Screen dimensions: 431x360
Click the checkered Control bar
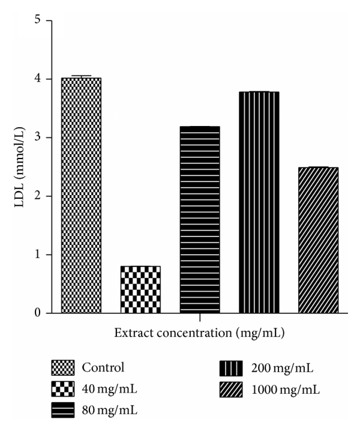(81, 195)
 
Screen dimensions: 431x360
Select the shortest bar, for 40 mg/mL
(140, 289)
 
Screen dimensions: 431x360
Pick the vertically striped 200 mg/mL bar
(259, 202)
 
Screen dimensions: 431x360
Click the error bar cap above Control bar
(81, 76)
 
